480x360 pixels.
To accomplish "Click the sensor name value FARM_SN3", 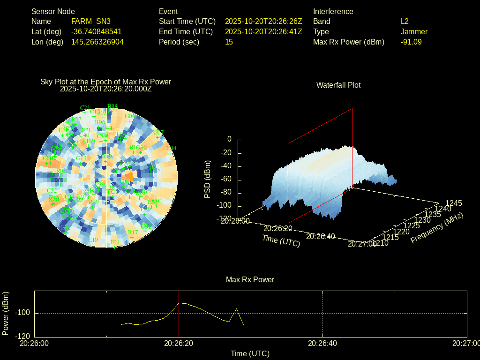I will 91,21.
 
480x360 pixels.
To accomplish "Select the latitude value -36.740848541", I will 96,31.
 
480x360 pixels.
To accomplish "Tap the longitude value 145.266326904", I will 97,42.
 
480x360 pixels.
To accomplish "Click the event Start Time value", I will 263,21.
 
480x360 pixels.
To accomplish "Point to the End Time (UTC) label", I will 186,31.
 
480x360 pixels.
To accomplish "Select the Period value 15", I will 229,42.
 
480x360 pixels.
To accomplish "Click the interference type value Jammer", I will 414,31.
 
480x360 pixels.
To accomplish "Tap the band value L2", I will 405,21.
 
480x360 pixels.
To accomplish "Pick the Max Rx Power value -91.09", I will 411,42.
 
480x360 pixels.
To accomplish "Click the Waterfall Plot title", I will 338,85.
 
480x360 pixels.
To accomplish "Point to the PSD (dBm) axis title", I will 208,179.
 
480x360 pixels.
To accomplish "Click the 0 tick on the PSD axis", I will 229,139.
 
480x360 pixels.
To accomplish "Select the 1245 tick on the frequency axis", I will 453,203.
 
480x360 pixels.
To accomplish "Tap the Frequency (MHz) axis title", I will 436,227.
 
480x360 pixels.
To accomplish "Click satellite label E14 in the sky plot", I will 172,148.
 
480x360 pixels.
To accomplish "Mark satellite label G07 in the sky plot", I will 159,132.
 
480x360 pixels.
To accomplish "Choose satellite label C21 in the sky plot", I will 85,108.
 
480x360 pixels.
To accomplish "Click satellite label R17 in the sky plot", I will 133,232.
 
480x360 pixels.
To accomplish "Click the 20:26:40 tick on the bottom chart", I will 322,343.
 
